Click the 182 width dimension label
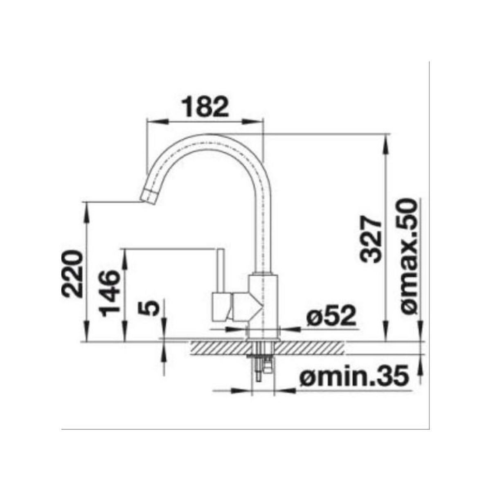205,107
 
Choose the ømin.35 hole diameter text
354,376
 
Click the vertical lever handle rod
221,270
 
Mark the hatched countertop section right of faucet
311,348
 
